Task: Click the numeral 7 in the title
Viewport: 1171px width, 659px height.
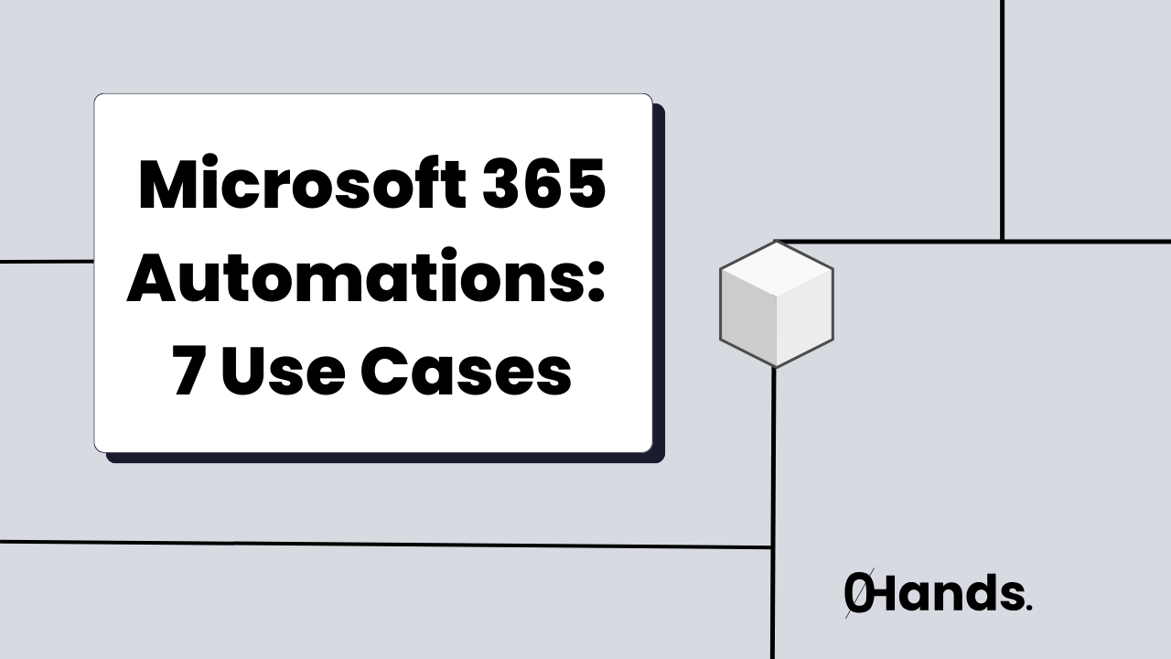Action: (x=188, y=373)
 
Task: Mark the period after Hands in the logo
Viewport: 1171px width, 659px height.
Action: (x=1029, y=608)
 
